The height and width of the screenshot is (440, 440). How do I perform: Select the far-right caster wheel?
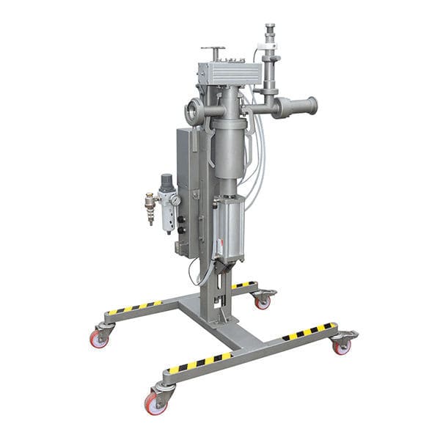(341, 347)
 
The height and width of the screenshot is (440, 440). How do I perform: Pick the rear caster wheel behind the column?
(263, 301)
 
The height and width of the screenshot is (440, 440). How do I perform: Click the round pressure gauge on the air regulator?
(175, 199)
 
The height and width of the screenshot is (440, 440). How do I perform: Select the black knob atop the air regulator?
(167, 179)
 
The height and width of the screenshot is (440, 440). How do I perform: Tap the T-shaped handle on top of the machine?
(214, 51)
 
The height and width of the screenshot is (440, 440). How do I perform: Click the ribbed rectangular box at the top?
(229, 73)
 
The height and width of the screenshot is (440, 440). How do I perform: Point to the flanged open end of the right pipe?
(309, 106)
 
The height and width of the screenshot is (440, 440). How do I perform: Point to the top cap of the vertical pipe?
(268, 29)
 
